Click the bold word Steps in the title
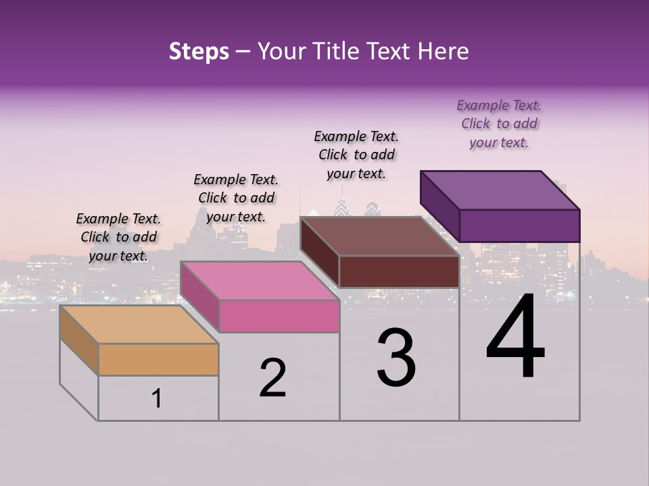[199, 51]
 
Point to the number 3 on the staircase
[396, 358]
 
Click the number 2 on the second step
[272, 377]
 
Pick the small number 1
[156, 398]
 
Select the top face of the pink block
[260, 281]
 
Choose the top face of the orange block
[139, 325]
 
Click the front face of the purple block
[519, 225]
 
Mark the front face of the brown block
[399, 271]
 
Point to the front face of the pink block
[279, 316]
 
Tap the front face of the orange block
[158, 359]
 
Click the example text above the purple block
[499, 124]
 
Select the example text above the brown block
[356, 155]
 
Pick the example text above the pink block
[236, 198]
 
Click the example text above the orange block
[118, 237]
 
